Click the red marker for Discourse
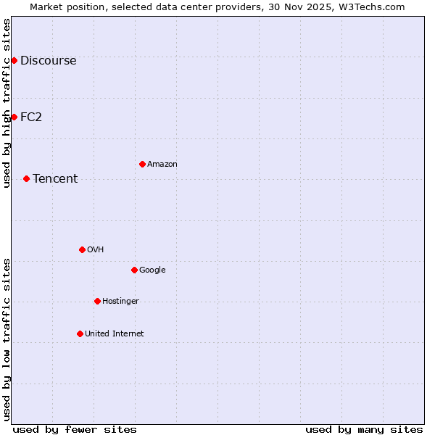point(14,60)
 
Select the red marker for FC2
point(14,117)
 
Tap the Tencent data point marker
point(26,178)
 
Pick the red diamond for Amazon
point(142,164)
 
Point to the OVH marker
point(82,249)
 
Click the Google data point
point(134,270)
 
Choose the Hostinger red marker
point(97,301)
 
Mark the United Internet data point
point(80,333)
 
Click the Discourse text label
point(49,61)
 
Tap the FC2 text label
point(31,117)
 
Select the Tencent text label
point(55,179)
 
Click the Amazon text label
point(162,165)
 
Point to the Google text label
point(152,270)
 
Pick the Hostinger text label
point(120,302)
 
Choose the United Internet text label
point(115,334)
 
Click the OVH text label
point(96,250)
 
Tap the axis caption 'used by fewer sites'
point(75,429)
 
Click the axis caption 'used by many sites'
point(364,429)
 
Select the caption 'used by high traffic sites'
point(7,103)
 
